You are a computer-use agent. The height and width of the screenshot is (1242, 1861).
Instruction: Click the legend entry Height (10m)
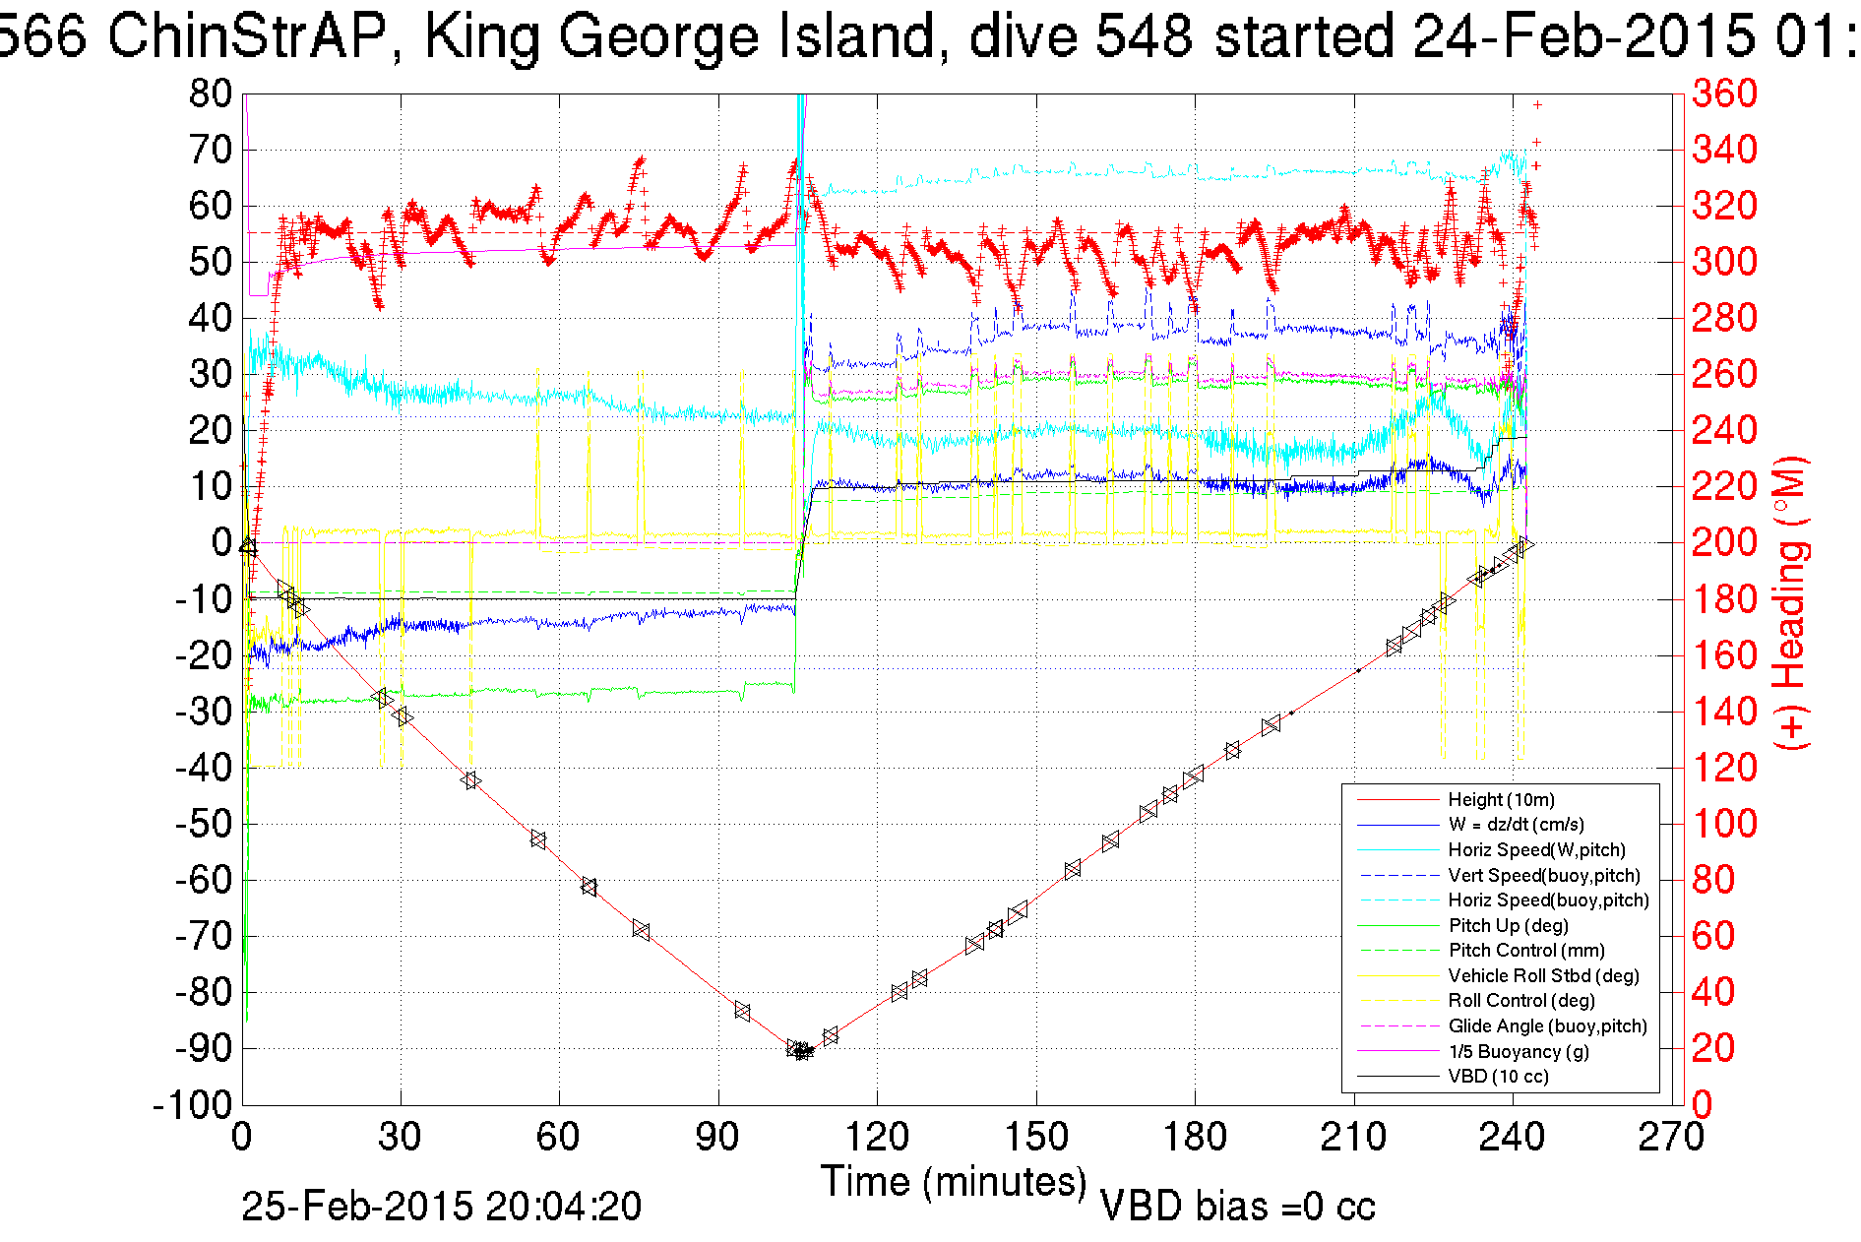pos(1501,800)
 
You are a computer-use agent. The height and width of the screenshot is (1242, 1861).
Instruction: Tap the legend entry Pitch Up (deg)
pos(1508,926)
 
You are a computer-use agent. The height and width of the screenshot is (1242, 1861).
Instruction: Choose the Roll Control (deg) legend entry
pos(1520,1001)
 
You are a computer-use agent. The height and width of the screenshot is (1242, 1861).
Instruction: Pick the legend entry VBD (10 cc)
pos(1498,1077)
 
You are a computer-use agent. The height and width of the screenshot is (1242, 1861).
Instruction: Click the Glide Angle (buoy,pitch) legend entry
pos(1547,1026)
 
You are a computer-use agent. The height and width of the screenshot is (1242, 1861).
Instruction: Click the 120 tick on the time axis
pos(877,1138)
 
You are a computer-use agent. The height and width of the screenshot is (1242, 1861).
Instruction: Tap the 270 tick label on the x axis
pos(1670,1138)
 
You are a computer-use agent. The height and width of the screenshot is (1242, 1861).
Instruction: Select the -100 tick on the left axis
pos(193,1105)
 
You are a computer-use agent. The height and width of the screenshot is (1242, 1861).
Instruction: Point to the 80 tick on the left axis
pos(211,94)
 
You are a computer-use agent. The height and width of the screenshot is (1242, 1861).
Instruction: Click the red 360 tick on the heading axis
pos(1724,94)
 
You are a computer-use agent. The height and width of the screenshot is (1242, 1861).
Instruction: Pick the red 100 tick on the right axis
pos(1724,824)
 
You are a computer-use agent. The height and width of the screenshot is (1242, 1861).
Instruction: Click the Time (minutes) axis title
pos(954,1181)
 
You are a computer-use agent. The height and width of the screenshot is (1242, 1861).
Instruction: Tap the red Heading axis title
pos(1790,602)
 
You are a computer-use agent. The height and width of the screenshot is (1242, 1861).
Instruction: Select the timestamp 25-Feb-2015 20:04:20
pos(441,1207)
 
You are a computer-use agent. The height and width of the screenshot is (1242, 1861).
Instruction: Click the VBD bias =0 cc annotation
pos(1237,1207)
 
